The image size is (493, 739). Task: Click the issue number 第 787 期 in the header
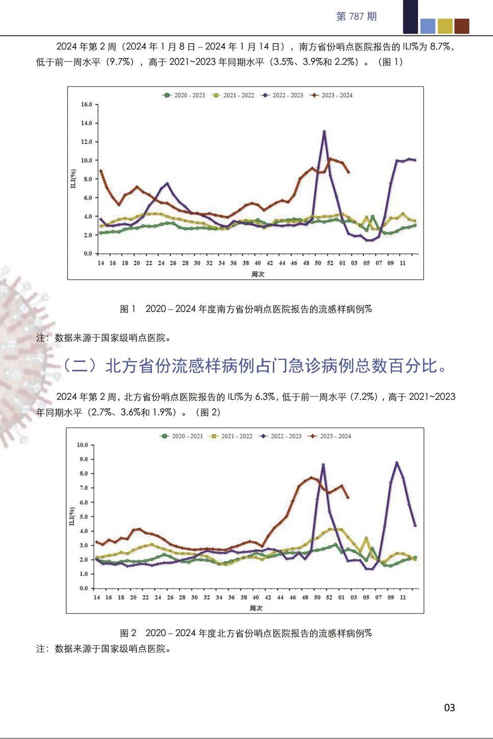356,16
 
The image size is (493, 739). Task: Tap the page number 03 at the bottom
449,707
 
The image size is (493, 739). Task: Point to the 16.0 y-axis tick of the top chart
87,104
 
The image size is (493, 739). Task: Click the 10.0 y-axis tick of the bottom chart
83,445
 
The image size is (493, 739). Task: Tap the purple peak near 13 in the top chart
324,132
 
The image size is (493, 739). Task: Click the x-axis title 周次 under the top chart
258,274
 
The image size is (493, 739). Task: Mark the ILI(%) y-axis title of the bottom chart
72,516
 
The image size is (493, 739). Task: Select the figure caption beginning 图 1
246,309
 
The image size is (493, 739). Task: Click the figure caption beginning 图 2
246,633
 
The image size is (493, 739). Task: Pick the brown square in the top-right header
461,26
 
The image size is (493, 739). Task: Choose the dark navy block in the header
410,17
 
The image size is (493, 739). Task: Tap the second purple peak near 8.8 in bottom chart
397,463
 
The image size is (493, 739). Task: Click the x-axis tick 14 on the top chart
101,263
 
